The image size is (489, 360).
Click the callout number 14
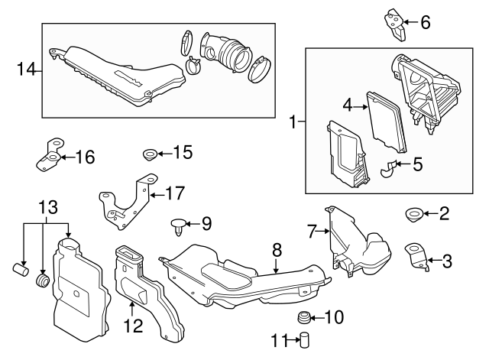point(26,70)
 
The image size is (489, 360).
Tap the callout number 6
point(426,22)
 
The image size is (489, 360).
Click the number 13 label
point(48,209)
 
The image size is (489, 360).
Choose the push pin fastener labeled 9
point(177,225)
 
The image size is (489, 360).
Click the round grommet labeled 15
point(149,155)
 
